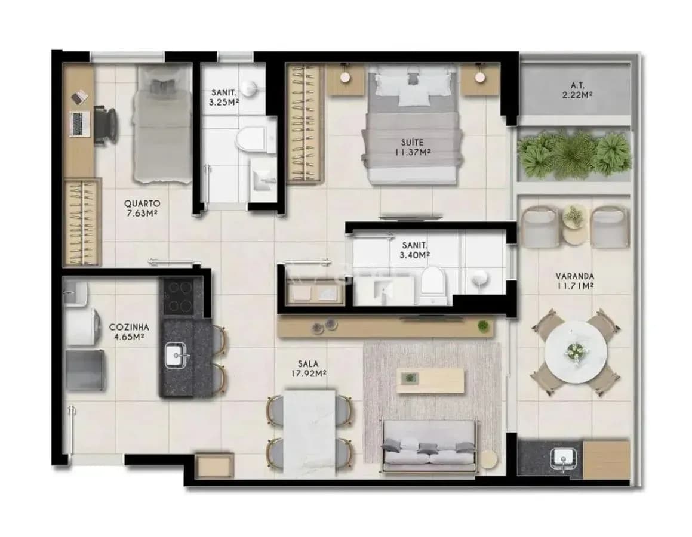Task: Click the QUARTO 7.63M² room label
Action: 142,209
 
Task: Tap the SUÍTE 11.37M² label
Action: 413,147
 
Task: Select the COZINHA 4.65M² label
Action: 129,332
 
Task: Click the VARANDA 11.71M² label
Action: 574,281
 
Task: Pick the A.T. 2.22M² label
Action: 577,89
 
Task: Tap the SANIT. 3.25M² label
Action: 224,97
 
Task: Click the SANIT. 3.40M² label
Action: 415,250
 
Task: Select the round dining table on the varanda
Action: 575,351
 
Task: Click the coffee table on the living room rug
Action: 430,381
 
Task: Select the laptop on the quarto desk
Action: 80,123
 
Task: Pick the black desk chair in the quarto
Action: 106,126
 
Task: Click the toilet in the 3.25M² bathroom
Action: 251,139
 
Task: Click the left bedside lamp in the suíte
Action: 345,77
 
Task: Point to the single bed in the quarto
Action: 162,124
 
